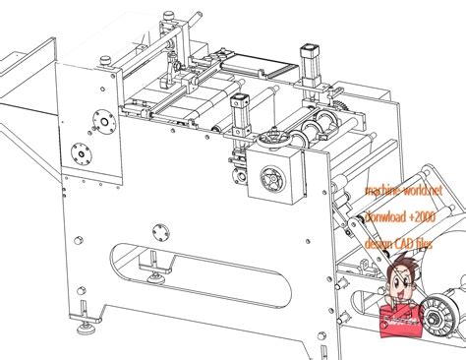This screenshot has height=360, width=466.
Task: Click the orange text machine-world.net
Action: coord(402,190)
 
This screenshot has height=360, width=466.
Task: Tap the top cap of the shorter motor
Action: coord(240,98)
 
